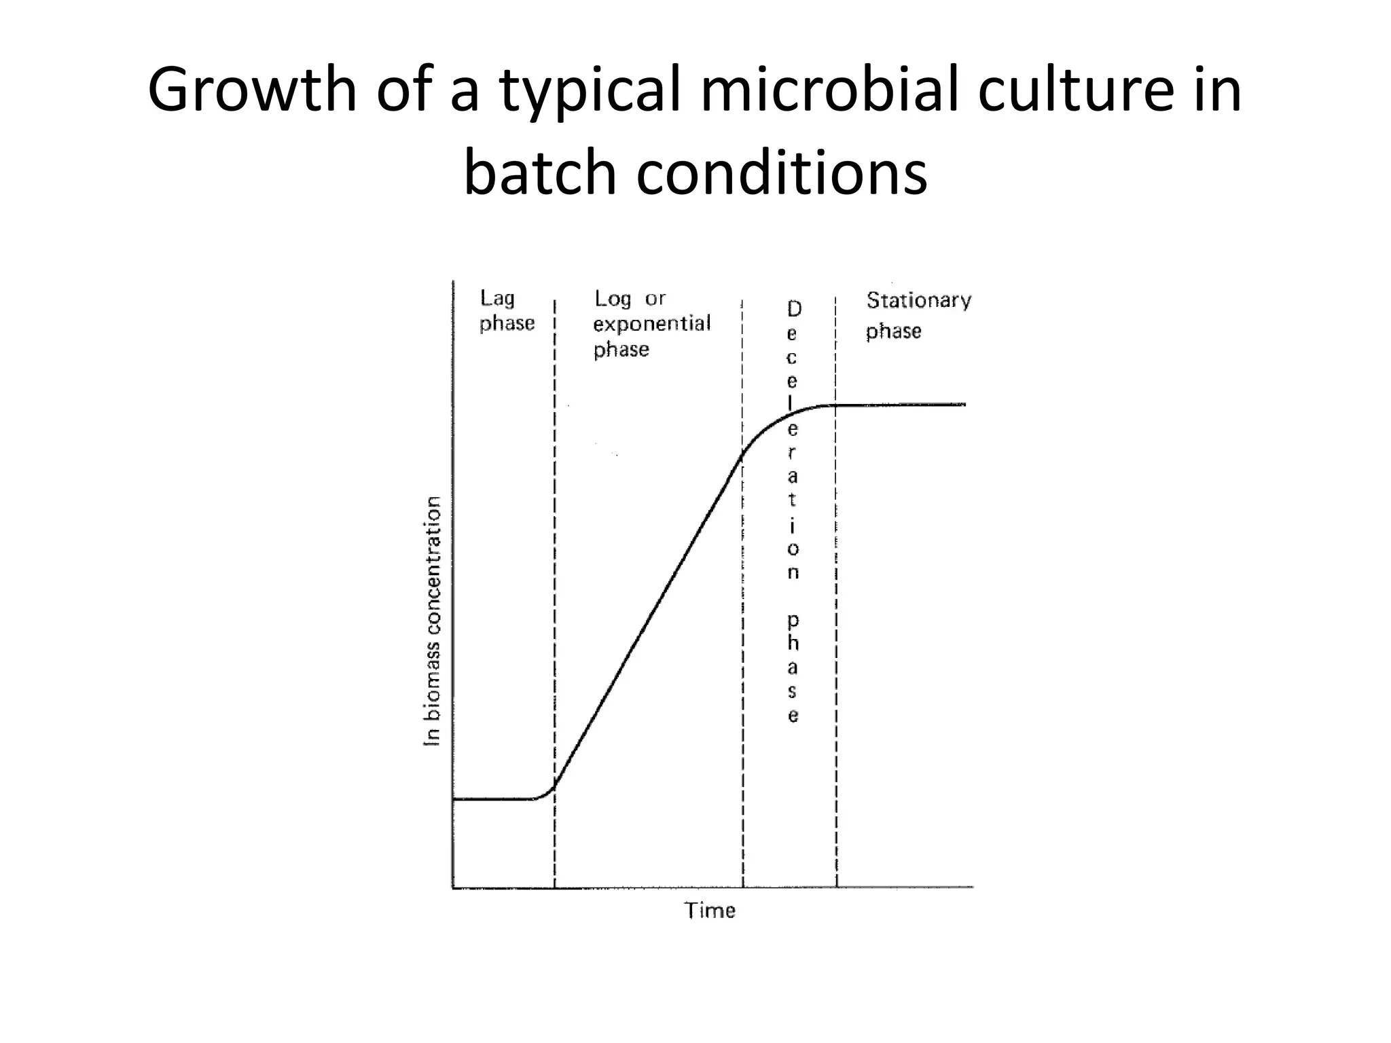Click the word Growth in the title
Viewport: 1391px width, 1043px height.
252,90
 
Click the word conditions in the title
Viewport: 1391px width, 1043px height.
781,172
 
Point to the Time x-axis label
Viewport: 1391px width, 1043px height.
709,910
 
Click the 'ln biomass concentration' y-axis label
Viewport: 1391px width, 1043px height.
432,621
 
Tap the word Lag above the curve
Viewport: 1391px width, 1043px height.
497,298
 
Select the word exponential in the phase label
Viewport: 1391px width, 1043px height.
651,323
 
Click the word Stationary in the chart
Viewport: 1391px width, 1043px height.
918,299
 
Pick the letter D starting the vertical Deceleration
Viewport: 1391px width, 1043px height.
793,309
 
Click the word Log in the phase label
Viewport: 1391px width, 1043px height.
612,298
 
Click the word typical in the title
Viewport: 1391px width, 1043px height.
590,90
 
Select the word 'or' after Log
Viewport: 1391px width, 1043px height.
655,299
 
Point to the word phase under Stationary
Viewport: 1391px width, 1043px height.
893,331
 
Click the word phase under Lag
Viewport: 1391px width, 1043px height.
507,323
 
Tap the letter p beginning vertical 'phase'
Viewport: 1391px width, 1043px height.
793,620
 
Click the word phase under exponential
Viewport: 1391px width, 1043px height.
621,350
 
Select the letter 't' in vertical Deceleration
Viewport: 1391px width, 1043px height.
792,500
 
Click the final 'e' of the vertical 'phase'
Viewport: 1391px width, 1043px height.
793,716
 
